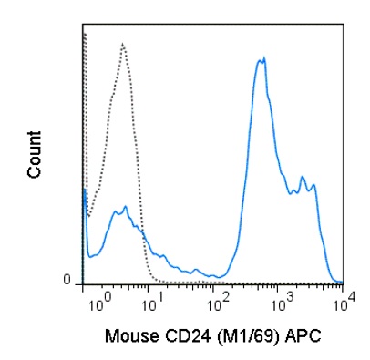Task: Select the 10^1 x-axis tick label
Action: [x=159, y=298]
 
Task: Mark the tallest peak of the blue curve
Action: [x=262, y=59]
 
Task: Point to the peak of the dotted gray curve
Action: [x=122, y=43]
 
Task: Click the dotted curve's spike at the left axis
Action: [x=84, y=34]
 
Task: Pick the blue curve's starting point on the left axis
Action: [x=84, y=190]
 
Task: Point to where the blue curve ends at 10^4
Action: [x=341, y=282]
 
